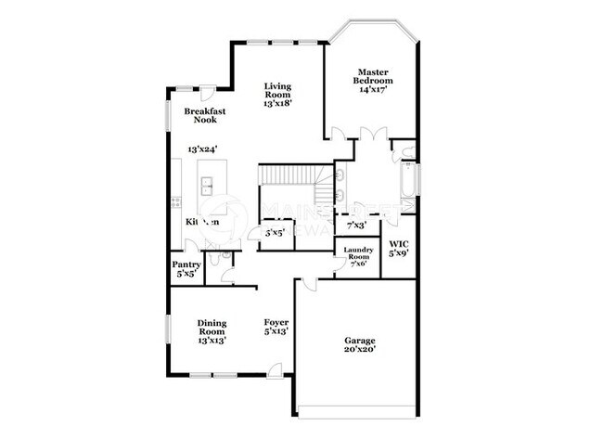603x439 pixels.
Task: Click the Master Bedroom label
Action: tap(374, 75)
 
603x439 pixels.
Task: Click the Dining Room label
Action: tap(212, 328)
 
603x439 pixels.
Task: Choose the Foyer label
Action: tap(276, 324)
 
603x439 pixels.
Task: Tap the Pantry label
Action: tap(186, 265)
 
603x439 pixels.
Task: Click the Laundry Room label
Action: tap(359, 252)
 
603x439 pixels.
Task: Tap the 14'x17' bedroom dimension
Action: tap(374, 90)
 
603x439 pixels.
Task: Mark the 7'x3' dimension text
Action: tap(356, 226)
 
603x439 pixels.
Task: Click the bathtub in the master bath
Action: tap(407, 176)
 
